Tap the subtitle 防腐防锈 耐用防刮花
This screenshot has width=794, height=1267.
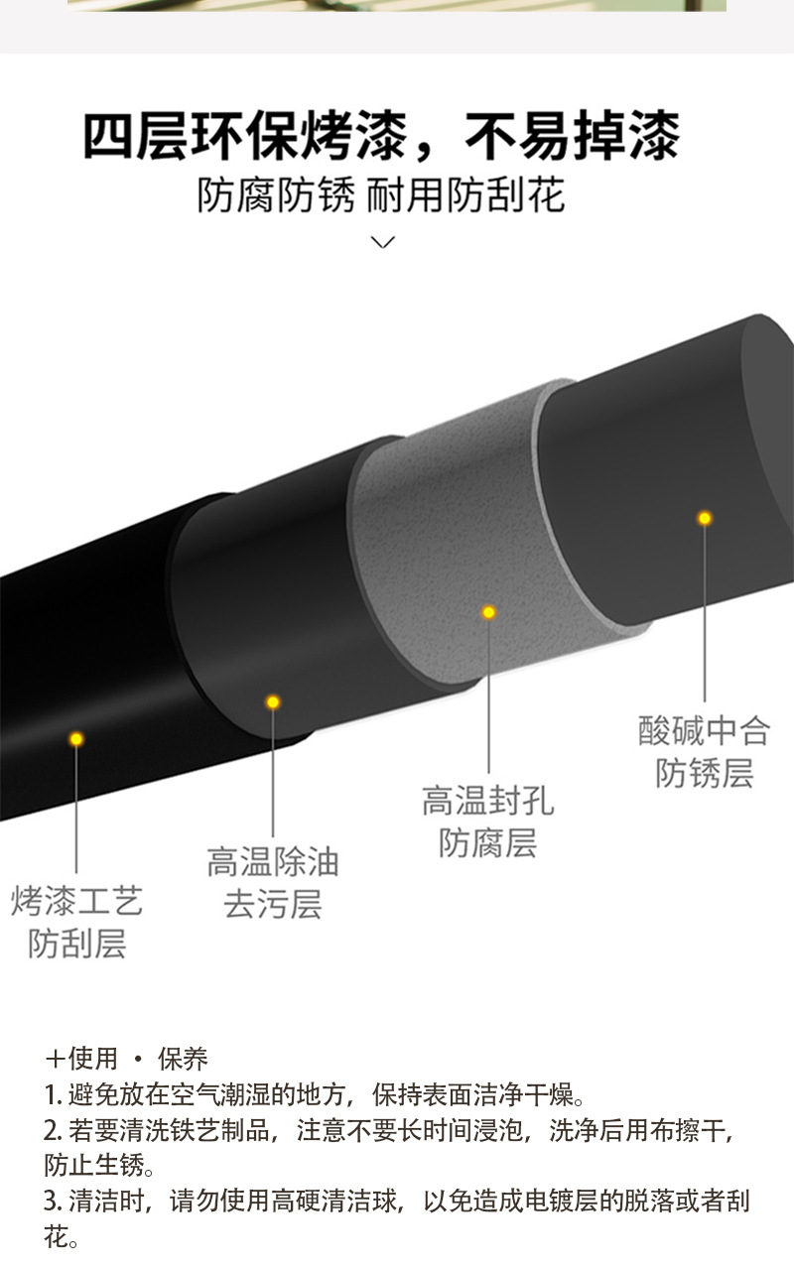381,195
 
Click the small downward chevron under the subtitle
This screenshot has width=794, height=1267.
382,242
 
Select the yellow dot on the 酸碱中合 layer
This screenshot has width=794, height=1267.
705,518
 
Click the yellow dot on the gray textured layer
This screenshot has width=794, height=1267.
488,612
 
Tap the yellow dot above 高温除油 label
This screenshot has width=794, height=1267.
273,702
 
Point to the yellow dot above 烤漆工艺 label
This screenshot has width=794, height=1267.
76,739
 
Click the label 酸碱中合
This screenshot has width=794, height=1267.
704,731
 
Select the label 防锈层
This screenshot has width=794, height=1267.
704,773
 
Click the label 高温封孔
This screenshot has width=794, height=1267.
487,801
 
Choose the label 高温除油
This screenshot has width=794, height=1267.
273,861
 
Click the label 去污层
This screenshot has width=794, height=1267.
273,904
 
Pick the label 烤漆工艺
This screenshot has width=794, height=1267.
77,901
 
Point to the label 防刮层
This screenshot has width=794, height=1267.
77,943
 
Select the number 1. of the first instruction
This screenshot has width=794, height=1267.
53,1095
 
